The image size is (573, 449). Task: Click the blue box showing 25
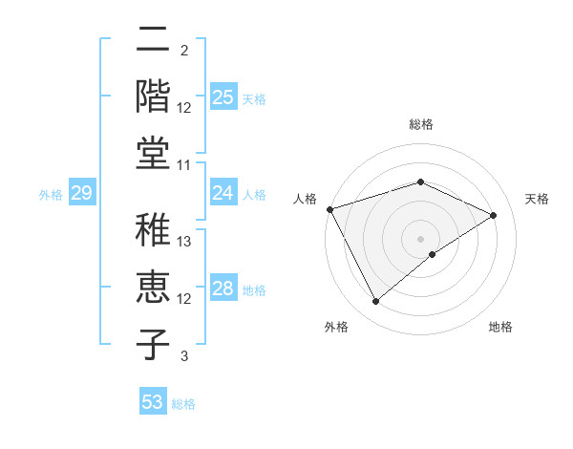pos(223,97)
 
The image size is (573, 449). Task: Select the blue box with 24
pos(223,194)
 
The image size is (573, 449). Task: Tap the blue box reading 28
pos(223,289)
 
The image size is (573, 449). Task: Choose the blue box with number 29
pos(81,194)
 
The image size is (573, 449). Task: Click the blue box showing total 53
pos(152,402)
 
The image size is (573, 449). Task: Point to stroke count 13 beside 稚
pos(184,242)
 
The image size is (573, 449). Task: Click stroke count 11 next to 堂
pos(184,164)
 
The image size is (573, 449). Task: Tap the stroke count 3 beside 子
pos(184,356)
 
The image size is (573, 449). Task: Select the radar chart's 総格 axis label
pos(421,125)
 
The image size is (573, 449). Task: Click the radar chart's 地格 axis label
pos(500,328)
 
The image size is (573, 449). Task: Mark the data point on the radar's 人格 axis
pos(329,209)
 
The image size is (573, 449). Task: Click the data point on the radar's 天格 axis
pos(494,215)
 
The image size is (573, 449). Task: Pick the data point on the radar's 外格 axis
pos(375,302)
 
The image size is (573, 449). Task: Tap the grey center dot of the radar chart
pos(421,238)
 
